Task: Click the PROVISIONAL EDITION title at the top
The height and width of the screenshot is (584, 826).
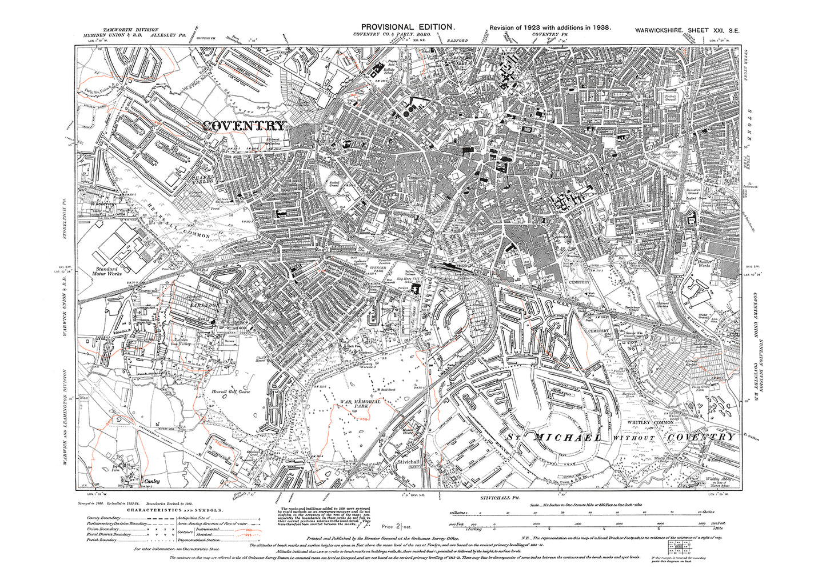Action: [x=408, y=27]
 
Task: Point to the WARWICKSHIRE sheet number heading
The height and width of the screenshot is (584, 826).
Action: [x=687, y=28]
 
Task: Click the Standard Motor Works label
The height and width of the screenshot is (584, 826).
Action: [x=106, y=271]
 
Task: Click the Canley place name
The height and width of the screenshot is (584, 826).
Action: [x=151, y=481]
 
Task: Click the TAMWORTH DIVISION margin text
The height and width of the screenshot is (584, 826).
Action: [x=131, y=29]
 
